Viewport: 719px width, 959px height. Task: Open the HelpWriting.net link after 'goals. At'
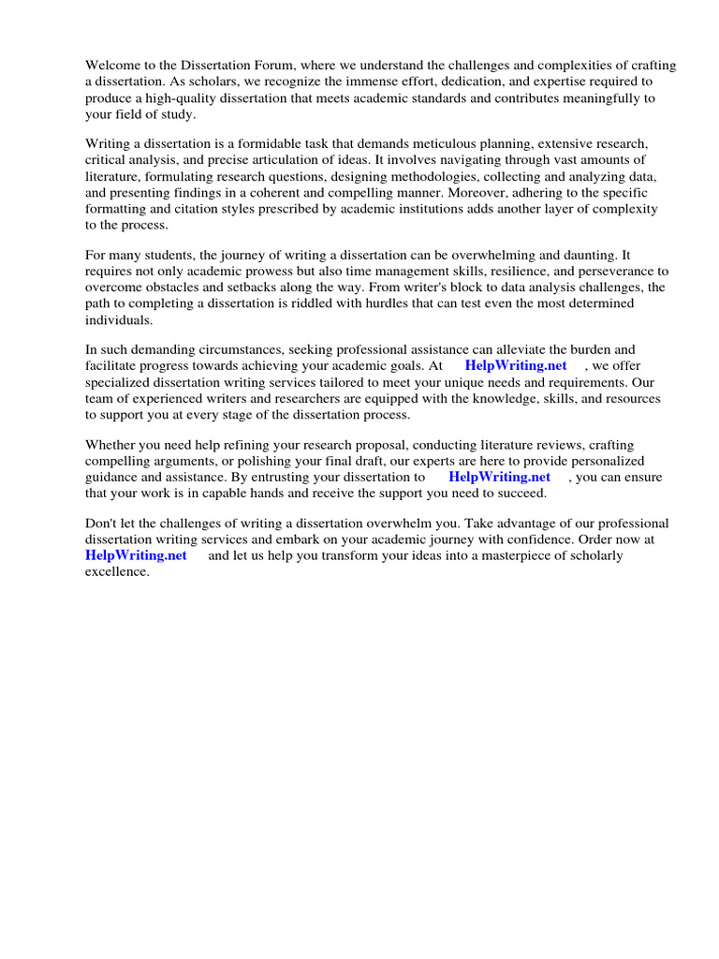pyautogui.click(x=517, y=366)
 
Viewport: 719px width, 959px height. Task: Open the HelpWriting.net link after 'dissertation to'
pyautogui.click(x=500, y=478)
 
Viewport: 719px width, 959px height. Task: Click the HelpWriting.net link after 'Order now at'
pyautogui.click(x=136, y=556)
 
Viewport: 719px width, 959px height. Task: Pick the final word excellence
pyautogui.click(x=117, y=572)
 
